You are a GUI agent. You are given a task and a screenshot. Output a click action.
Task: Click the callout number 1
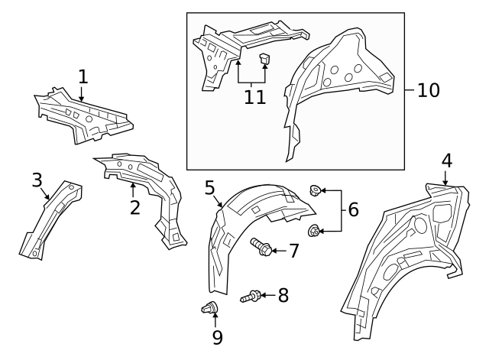point(83,76)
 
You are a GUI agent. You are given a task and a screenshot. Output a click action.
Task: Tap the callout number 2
point(134,206)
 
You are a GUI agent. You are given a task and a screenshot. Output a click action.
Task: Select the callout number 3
point(37,180)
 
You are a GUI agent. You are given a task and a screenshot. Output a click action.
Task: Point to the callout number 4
point(446,161)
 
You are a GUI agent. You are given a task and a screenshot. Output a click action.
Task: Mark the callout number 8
point(283,295)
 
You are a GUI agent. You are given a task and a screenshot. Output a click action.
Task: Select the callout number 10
point(429,90)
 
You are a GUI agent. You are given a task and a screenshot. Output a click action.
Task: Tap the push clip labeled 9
point(208,309)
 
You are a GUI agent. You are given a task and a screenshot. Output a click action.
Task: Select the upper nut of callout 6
point(314,190)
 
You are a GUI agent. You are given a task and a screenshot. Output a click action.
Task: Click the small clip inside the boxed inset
point(264,58)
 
